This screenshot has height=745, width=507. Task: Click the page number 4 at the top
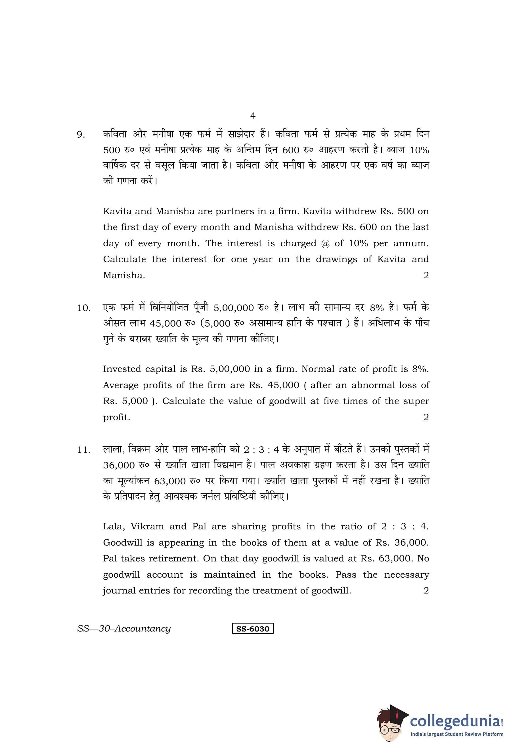[252, 116]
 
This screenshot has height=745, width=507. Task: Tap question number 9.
[81, 135]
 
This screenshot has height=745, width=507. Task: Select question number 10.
[84, 308]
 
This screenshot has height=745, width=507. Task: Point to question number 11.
[84, 450]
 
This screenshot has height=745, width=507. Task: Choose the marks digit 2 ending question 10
[426, 417]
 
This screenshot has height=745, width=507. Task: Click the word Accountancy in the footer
[143, 629]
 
